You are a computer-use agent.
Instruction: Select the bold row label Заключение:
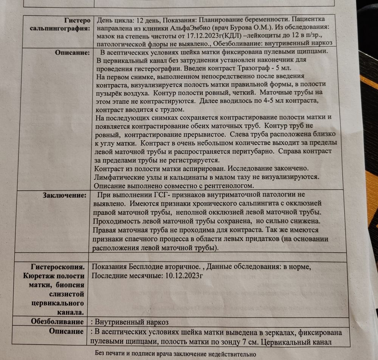click(65, 195)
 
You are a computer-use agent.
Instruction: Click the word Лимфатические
click(122, 177)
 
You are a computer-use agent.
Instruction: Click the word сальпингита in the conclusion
click(227, 205)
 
